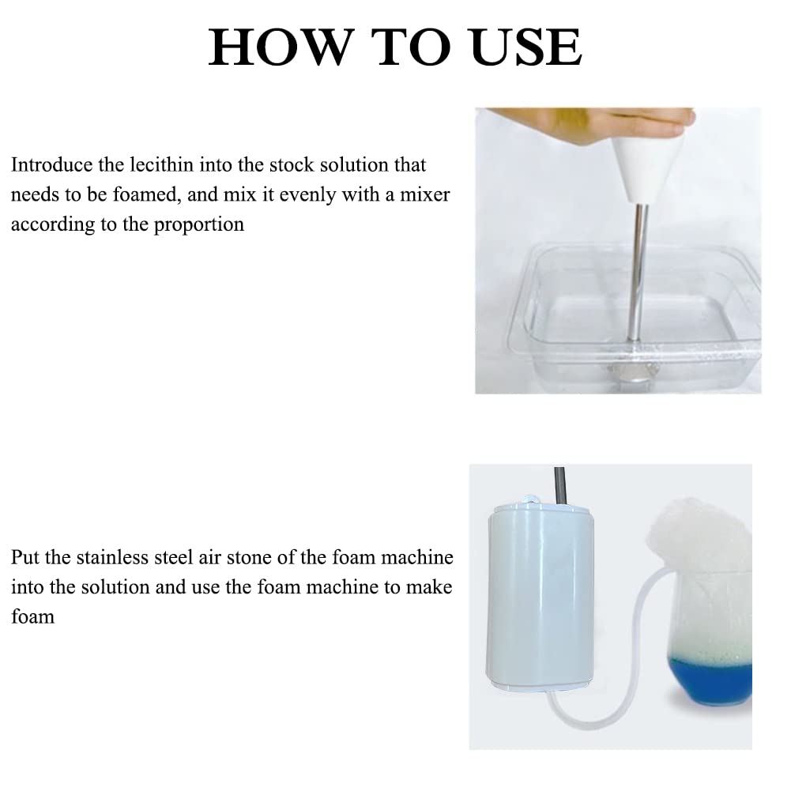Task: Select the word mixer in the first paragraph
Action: pos(425,194)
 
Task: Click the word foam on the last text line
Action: pos(32,616)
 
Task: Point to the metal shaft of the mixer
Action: pos(637,273)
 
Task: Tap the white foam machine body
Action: pos(540,595)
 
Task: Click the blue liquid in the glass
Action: pos(711,679)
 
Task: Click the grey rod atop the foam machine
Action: pos(560,484)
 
